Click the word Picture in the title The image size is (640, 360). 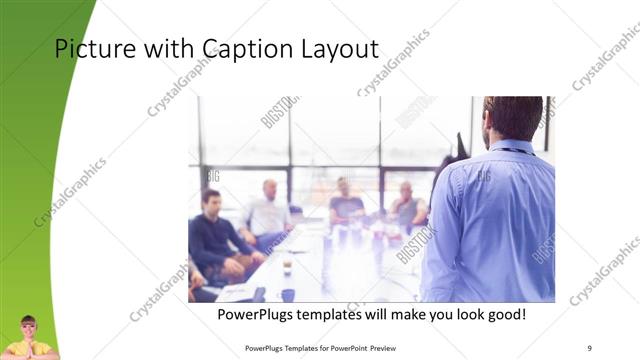click(88, 49)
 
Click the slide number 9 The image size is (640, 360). click(589, 348)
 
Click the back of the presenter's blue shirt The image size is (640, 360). click(495, 220)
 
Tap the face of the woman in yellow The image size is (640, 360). click(28, 328)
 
